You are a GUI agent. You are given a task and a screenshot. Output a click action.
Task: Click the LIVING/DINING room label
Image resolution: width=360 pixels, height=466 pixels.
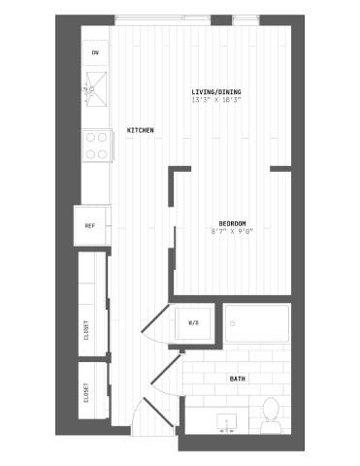click(x=215, y=92)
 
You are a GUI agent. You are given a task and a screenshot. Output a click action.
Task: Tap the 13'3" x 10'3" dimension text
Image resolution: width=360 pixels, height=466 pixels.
click(x=215, y=100)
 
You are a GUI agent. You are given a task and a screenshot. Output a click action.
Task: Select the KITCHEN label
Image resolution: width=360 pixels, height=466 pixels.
click(x=140, y=130)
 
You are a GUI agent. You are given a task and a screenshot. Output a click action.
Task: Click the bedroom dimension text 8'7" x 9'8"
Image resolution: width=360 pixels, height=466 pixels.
click(x=231, y=231)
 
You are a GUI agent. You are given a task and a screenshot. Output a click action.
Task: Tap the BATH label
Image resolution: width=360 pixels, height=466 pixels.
click(x=237, y=378)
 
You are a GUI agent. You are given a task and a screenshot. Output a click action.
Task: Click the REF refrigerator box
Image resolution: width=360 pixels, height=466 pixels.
click(x=90, y=225)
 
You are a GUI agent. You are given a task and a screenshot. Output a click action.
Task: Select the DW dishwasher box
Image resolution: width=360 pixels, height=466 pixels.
click(x=95, y=52)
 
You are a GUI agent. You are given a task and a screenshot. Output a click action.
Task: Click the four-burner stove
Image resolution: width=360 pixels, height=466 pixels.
click(x=96, y=146)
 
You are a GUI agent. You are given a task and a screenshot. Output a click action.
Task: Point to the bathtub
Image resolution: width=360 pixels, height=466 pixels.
click(x=257, y=323)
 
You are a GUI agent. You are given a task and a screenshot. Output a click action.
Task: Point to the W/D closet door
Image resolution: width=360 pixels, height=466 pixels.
click(x=158, y=325)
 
